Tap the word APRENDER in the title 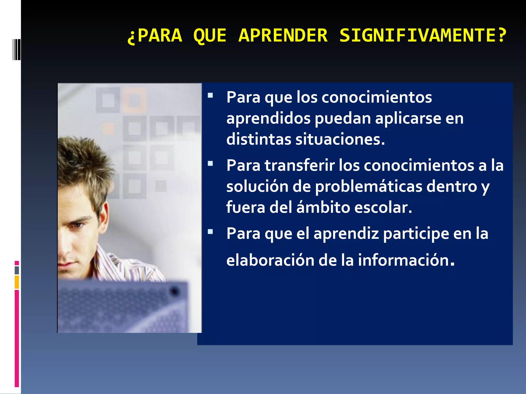pyautogui.click(x=283, y=35)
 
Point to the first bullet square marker pyautogui.click(x=210, y=96)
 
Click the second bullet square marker pyautogui.click(x=210, y=163)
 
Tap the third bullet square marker pyautogui.click(x=210, y=232)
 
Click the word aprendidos pyautogui.click(x=268, y=119)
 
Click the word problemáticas pyautogui.click(x=369, y=186)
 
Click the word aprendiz pyautogui.click(x=346, y=234)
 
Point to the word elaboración pyautogui.click(x=270, y=260)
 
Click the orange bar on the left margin pyautogui.click(x=17, y=282)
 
